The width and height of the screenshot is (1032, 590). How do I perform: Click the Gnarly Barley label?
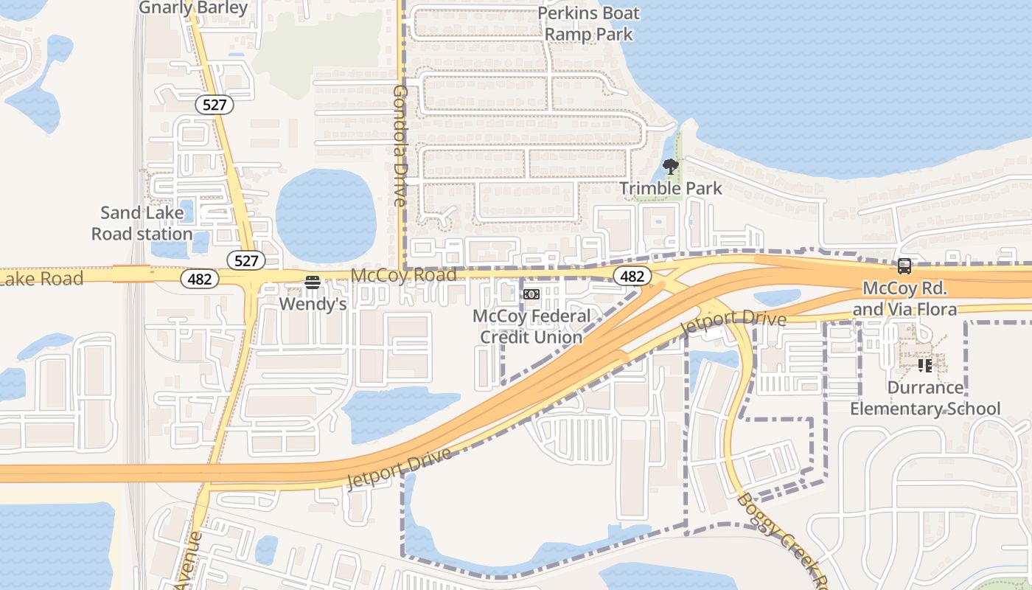pyautogui.click(x=193, y=8)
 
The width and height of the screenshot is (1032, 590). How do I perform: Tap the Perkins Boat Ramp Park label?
pyautogui.click(x=588, y=24)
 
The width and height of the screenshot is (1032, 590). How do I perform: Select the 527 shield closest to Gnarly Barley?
pyautogui.click(x=215, y=105)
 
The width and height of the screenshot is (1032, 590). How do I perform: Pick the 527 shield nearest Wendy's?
pyautogui.click(x=246, y=260)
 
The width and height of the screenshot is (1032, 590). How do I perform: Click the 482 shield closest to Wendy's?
pyautogui.click(x=200, y=279)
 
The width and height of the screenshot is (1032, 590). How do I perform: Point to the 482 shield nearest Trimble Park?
pyautogui.click(x=632, y=277)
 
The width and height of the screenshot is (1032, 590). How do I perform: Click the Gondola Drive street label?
pyautogui.click(x=400, y=145)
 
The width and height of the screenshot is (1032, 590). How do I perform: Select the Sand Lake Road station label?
pyautogui.click(x=142, y=223)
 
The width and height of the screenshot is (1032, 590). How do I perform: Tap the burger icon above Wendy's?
pyautogui.click(x=313, y=282)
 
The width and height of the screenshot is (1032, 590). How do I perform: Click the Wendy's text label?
pyautogui.click(x=313, y=304)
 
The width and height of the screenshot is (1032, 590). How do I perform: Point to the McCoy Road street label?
pyautogui.click(x=403, y=275)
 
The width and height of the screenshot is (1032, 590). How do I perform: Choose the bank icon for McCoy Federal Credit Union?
pyautogui.click(x=531, y=294)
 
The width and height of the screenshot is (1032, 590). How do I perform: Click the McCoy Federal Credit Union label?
pyautogui.click(x=531, y=327)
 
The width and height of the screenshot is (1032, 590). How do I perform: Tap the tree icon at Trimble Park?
pyautogui.click(x=670, y=167)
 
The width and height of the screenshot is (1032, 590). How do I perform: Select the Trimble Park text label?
pyautogui.click(x=671, y=188)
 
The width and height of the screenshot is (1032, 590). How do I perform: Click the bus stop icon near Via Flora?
pyautogui.click(x=904, y=266)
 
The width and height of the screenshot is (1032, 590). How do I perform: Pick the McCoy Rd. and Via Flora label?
pyautogui.click(x=904, y=298)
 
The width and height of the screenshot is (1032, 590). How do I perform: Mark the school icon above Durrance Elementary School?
pyautogui.click(x=924, y=365)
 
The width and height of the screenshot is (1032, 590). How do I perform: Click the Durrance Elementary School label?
pyautogui.click(x=925, y=398)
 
